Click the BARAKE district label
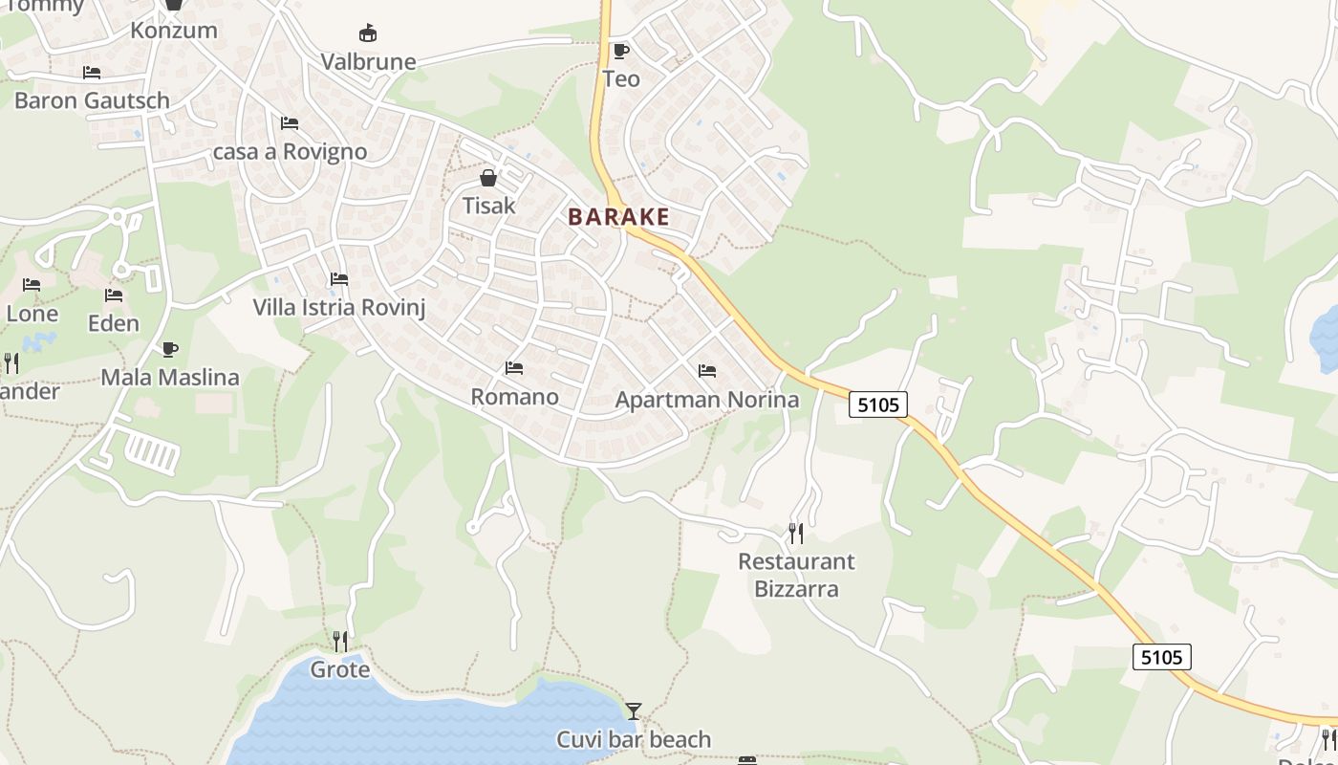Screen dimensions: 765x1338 point(618,217)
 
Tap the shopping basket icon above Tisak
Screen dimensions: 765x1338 point(488,178)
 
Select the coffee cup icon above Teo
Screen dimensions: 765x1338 point(620,51)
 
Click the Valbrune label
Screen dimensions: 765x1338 point(368,62)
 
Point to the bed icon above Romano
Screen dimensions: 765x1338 point(514,368)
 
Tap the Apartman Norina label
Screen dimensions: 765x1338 point(707,400)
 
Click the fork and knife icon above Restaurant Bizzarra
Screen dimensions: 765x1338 point(795,533)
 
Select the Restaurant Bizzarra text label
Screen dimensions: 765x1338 point(796,575)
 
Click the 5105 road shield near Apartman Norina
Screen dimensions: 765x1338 point(878,404)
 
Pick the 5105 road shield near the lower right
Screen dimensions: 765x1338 point(1162,657)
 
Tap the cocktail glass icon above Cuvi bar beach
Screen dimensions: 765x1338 point(633,710)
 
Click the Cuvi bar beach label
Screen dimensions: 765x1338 point(634,739)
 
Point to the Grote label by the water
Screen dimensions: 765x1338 point(339,669)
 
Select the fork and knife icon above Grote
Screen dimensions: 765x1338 point(339,640)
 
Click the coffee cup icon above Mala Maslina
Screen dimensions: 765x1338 point(170,349)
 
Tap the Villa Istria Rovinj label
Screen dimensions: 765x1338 point(338,307)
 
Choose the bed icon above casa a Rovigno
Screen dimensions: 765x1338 point(290,123)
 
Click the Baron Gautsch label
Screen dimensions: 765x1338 point(92,100)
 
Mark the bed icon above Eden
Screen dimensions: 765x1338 point(114,295)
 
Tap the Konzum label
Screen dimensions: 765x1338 point(174,30)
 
